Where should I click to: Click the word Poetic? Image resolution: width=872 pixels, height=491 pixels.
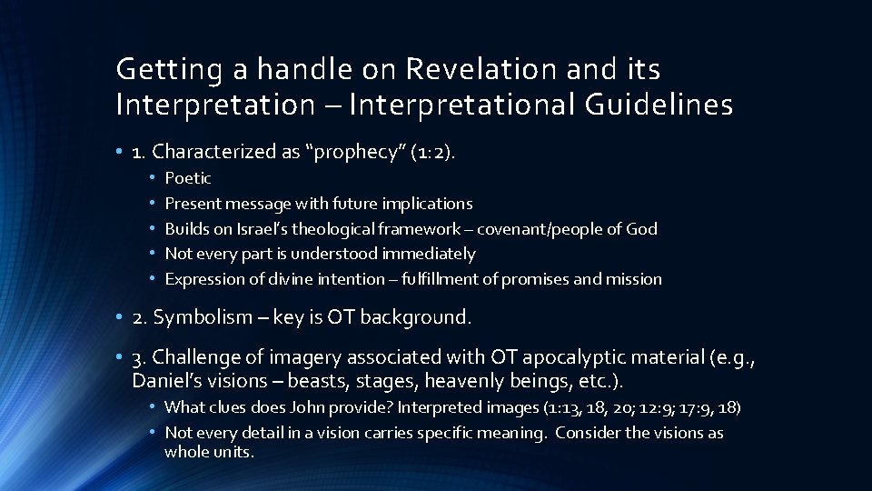coord(188,178)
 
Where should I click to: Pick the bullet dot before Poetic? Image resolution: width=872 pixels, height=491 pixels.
coord(154,178)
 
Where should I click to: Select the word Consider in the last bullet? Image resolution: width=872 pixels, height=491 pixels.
coord(585,433)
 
